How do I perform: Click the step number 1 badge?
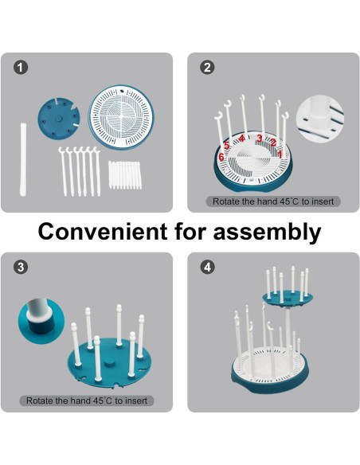point(21,68)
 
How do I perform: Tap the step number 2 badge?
point(207,68)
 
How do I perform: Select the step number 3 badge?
point(21,267)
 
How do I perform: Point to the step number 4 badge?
point(207,267)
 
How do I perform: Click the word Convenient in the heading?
point(103,231)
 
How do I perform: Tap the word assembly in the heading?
point(267,232)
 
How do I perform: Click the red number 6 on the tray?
point(221,157)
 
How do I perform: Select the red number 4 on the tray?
point(241,139)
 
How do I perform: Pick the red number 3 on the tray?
point(260,139)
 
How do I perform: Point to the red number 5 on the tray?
point(227,146)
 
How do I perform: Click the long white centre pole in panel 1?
point(23,159)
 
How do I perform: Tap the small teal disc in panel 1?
point(59,118)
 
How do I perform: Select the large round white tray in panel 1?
point(121,117)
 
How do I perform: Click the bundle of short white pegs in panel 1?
point(125,175)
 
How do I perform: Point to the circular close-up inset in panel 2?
point(320,119)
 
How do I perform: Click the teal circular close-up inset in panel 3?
point(41,322)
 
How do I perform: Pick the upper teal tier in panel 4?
point(287,299)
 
